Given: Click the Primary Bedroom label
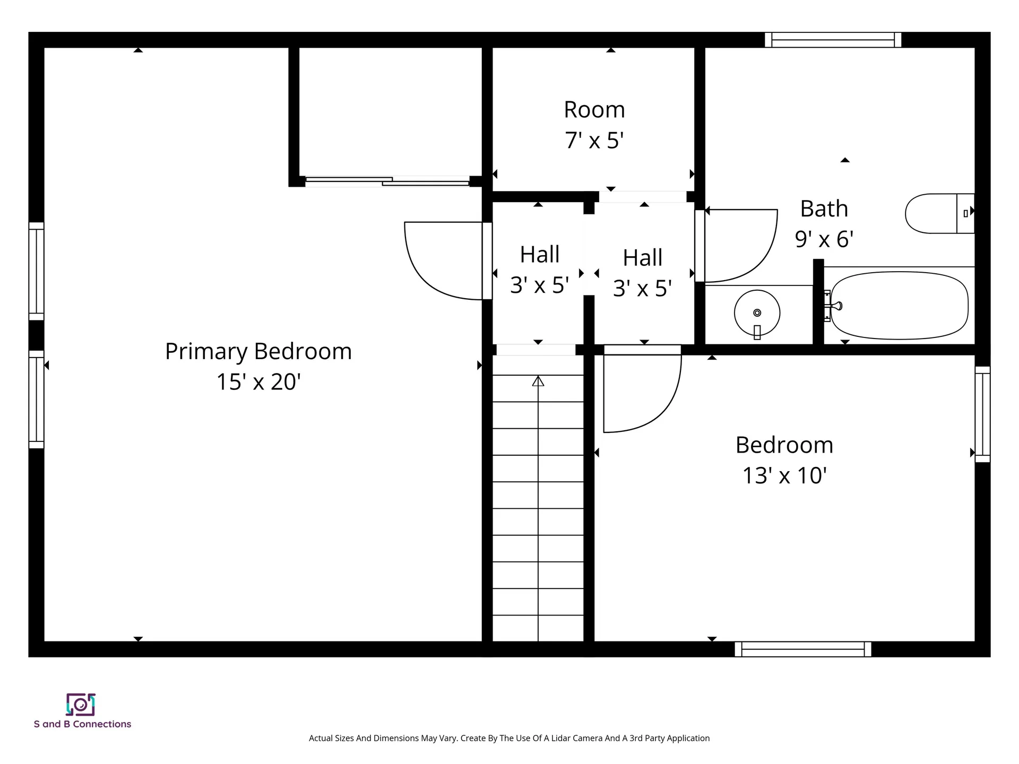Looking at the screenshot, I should [258, 351].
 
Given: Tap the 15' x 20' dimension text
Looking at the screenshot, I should [258, 382].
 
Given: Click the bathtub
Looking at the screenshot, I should [899, 306].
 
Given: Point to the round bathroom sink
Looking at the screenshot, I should [757, 313].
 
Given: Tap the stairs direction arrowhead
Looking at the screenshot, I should [538, 381].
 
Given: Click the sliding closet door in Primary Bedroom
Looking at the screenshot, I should [387, 181].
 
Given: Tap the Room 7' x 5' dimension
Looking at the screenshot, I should [594, 141].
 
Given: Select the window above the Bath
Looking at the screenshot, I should [833, 40].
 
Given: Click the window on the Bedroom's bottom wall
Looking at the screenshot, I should [802, 649].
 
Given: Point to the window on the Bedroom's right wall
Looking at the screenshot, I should [982, 414].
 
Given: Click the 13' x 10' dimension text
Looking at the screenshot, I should [784, 476].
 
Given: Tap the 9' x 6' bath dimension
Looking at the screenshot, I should [824, 239].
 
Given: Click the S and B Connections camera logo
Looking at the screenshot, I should [81, 705].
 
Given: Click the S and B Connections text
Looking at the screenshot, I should [82, 724].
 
